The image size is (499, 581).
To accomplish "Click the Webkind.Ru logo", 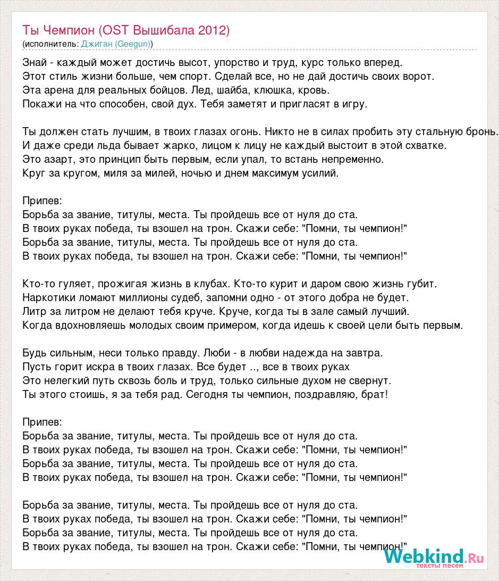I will [x=434, y=557].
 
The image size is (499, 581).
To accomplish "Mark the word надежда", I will [x=308, y=353].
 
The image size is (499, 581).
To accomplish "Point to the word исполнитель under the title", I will [x=50, y=44].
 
